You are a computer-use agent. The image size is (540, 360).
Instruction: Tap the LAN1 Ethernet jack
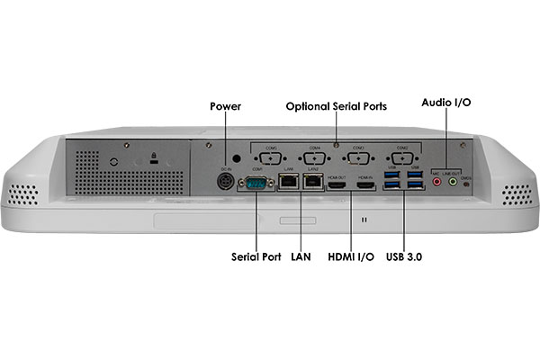tap(289, 182)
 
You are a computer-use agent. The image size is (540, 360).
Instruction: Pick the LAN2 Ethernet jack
tap(313, 182)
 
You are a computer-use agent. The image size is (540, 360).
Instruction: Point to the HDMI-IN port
tap(365, 184)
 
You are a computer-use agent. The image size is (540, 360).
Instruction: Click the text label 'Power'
tap(226, 105)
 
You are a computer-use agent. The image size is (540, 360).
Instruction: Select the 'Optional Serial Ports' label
tap(337, 105)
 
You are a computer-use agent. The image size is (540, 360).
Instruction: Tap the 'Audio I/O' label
tap(445, 103)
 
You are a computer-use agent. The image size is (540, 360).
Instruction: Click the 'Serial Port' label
tap(256, 256)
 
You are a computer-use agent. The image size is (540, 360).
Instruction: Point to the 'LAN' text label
tap(301, 256)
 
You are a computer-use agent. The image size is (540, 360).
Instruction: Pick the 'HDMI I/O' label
tap(350, 256)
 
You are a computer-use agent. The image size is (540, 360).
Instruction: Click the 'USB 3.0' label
tap(404, 256)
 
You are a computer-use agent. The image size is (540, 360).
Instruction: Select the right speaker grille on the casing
tap(516, 193)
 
